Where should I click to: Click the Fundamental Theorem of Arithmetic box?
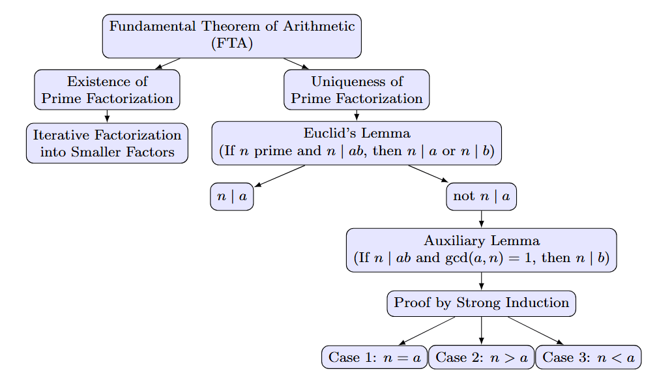231,35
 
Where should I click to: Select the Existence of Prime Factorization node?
107,90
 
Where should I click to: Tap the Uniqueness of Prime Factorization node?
357,90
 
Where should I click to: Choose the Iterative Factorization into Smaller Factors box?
107,143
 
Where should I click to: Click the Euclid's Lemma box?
357,143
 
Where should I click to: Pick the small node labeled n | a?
231,197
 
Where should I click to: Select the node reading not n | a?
481,197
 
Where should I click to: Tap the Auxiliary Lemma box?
481,250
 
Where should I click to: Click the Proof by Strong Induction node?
481,303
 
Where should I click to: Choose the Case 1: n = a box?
374,357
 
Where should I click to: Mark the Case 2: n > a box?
481,357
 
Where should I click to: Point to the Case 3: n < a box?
588,357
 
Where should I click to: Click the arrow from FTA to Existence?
168,63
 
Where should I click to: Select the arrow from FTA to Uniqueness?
296,63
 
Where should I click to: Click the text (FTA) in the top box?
231,44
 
